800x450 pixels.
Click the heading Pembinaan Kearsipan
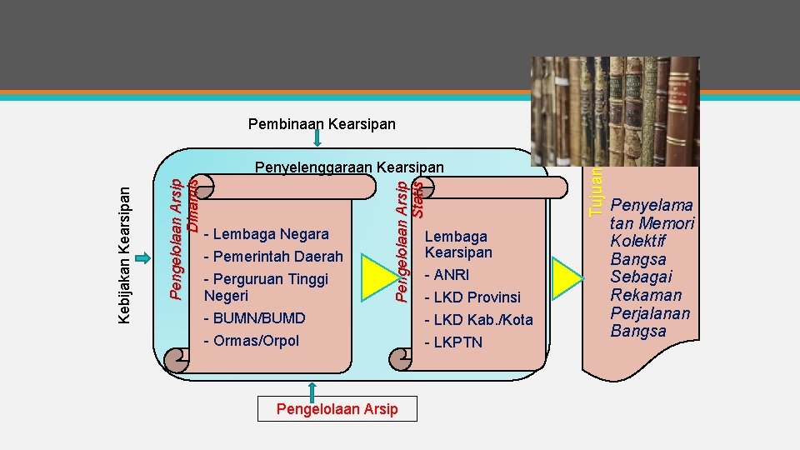pos(322,124)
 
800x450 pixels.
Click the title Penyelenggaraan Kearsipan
pos(349,167)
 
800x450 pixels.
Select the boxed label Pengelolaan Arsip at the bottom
pos(337,408)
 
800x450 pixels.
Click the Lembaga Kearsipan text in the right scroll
pos(458,244)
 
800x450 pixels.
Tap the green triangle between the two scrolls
pos(371,278)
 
